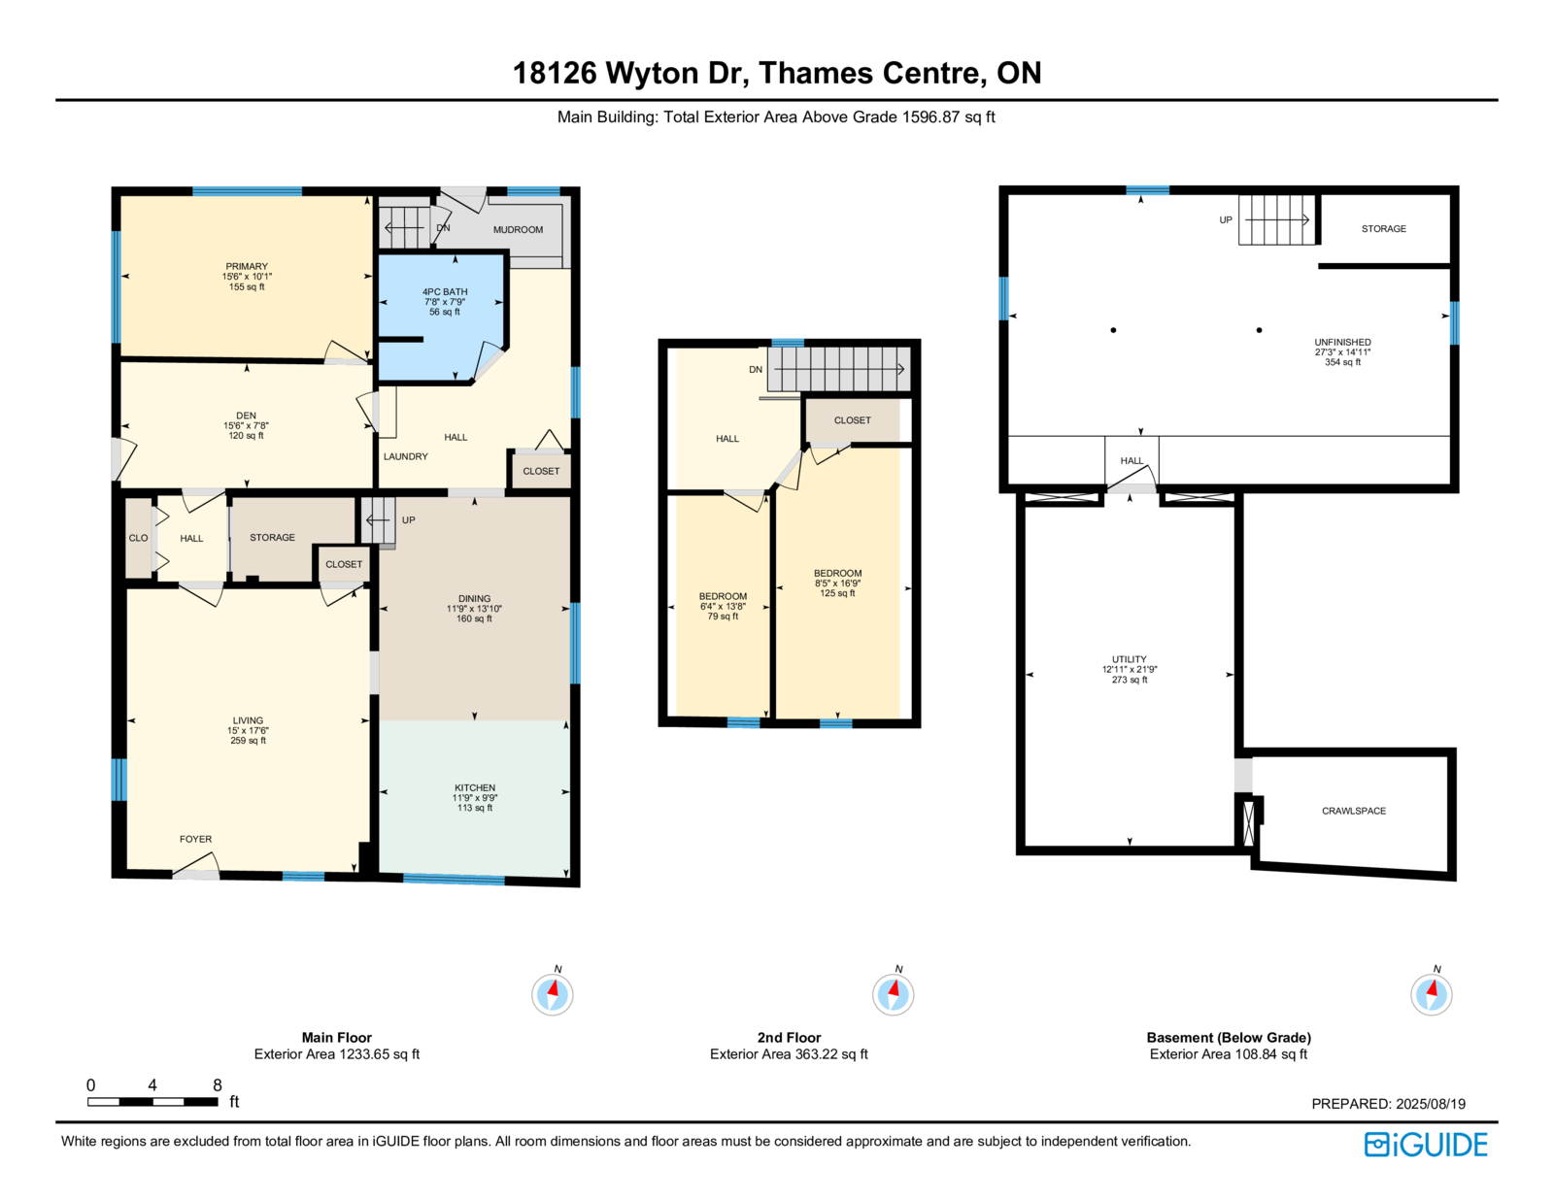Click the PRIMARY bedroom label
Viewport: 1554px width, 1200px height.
(x=247, y=266)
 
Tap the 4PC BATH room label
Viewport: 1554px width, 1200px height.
(x=445, y=291)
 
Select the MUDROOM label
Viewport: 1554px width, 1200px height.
(x=518, y=229)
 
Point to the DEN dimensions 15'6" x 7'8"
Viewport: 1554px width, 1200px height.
(x=246, y=425)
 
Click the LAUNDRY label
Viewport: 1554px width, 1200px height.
(x=405, y=456)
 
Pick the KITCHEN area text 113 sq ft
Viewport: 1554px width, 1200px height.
(x=475, y=808)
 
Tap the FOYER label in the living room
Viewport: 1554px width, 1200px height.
(x=195, y=839)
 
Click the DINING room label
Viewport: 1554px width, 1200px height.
(x=474, y=598)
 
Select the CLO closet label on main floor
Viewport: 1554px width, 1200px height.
(x=138, y=538)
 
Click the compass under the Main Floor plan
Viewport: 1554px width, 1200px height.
(x=552, y=993)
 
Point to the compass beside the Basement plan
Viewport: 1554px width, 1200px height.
(x=1431, y=993)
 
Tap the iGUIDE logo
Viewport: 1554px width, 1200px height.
(x=1425, y=1145)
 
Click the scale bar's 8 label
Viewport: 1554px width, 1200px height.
(x=218, y=1084)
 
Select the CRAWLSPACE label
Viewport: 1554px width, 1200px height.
(x=1354, y=811)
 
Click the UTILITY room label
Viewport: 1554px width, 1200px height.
(x=1130, y=659)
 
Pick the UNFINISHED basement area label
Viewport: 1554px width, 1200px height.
(x=1342, y=342)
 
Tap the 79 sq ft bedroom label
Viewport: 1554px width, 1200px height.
(x=723, y=617)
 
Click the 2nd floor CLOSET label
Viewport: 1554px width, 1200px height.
(x=853, y=420)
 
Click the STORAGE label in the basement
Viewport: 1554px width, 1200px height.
(x=1384, y=229)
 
